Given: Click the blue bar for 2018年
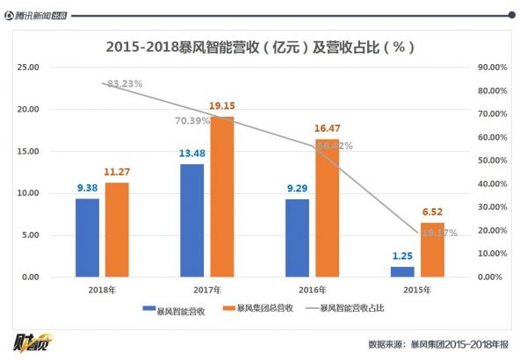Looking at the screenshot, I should tap(87, 237).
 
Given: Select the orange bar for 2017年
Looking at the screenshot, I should tap(222, 197).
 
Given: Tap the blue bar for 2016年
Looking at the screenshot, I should tap(297, 237).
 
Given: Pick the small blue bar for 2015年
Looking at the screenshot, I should tap(402, 271).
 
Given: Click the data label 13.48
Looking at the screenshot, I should tap(191, 155).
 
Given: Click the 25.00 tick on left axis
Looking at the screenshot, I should tap(29, 67).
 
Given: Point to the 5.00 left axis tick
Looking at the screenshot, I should tap(31, 235).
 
